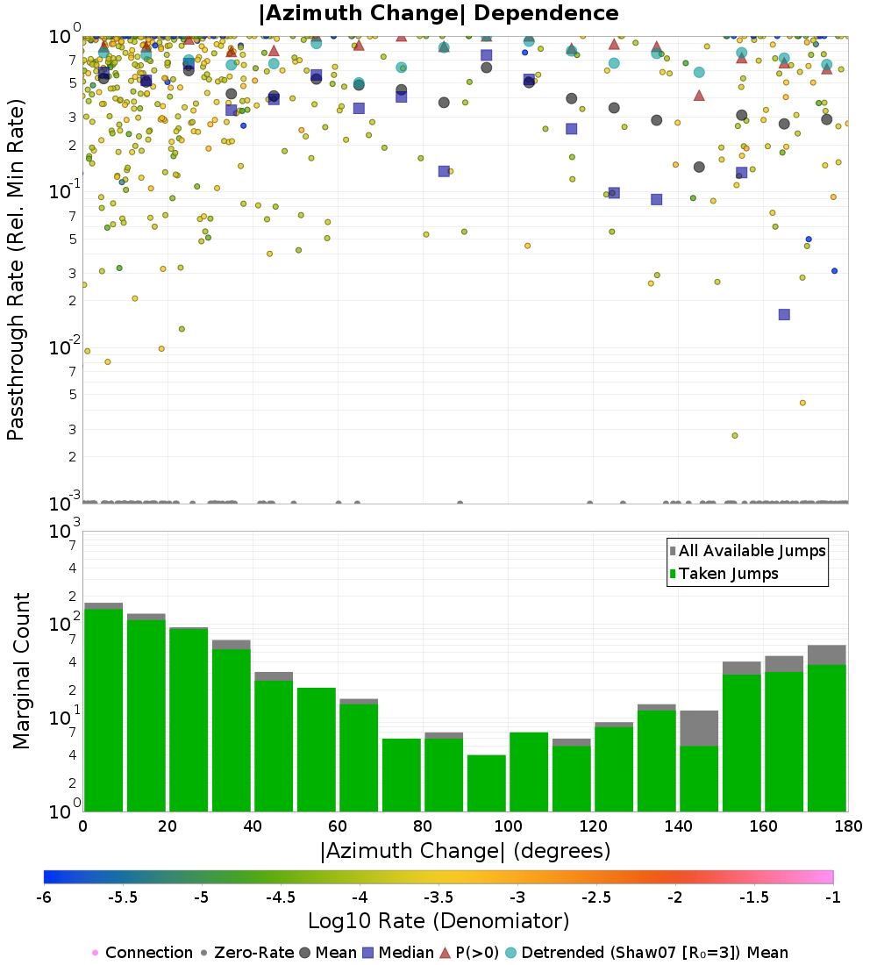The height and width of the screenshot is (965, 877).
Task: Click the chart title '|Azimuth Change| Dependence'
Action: (438, 13)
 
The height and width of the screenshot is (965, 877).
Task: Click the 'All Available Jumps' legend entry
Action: (748, 551)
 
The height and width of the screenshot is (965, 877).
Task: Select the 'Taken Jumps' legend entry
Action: (724, 574)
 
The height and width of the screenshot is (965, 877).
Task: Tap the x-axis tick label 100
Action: (509, 826)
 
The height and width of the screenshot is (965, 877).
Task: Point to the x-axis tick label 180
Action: (848, 826)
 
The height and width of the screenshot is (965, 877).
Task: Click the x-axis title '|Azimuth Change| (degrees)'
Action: (466, 851)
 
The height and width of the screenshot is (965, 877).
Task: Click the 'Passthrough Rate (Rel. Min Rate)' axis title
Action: (16, 269)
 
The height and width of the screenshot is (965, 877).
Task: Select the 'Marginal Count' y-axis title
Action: (21, 671)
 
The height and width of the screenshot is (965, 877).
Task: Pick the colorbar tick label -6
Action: (44, 897)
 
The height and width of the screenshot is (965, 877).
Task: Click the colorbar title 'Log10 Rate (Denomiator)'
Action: (438, 920)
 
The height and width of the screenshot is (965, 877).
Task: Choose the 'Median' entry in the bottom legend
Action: (398, 953)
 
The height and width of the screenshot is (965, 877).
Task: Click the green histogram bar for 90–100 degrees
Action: (487, 783)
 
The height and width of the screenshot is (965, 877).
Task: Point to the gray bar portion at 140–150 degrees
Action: (699, 728)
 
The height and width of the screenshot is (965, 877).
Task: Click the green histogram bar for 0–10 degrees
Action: (103, 711)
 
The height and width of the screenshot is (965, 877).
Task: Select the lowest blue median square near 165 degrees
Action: (784, 314)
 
